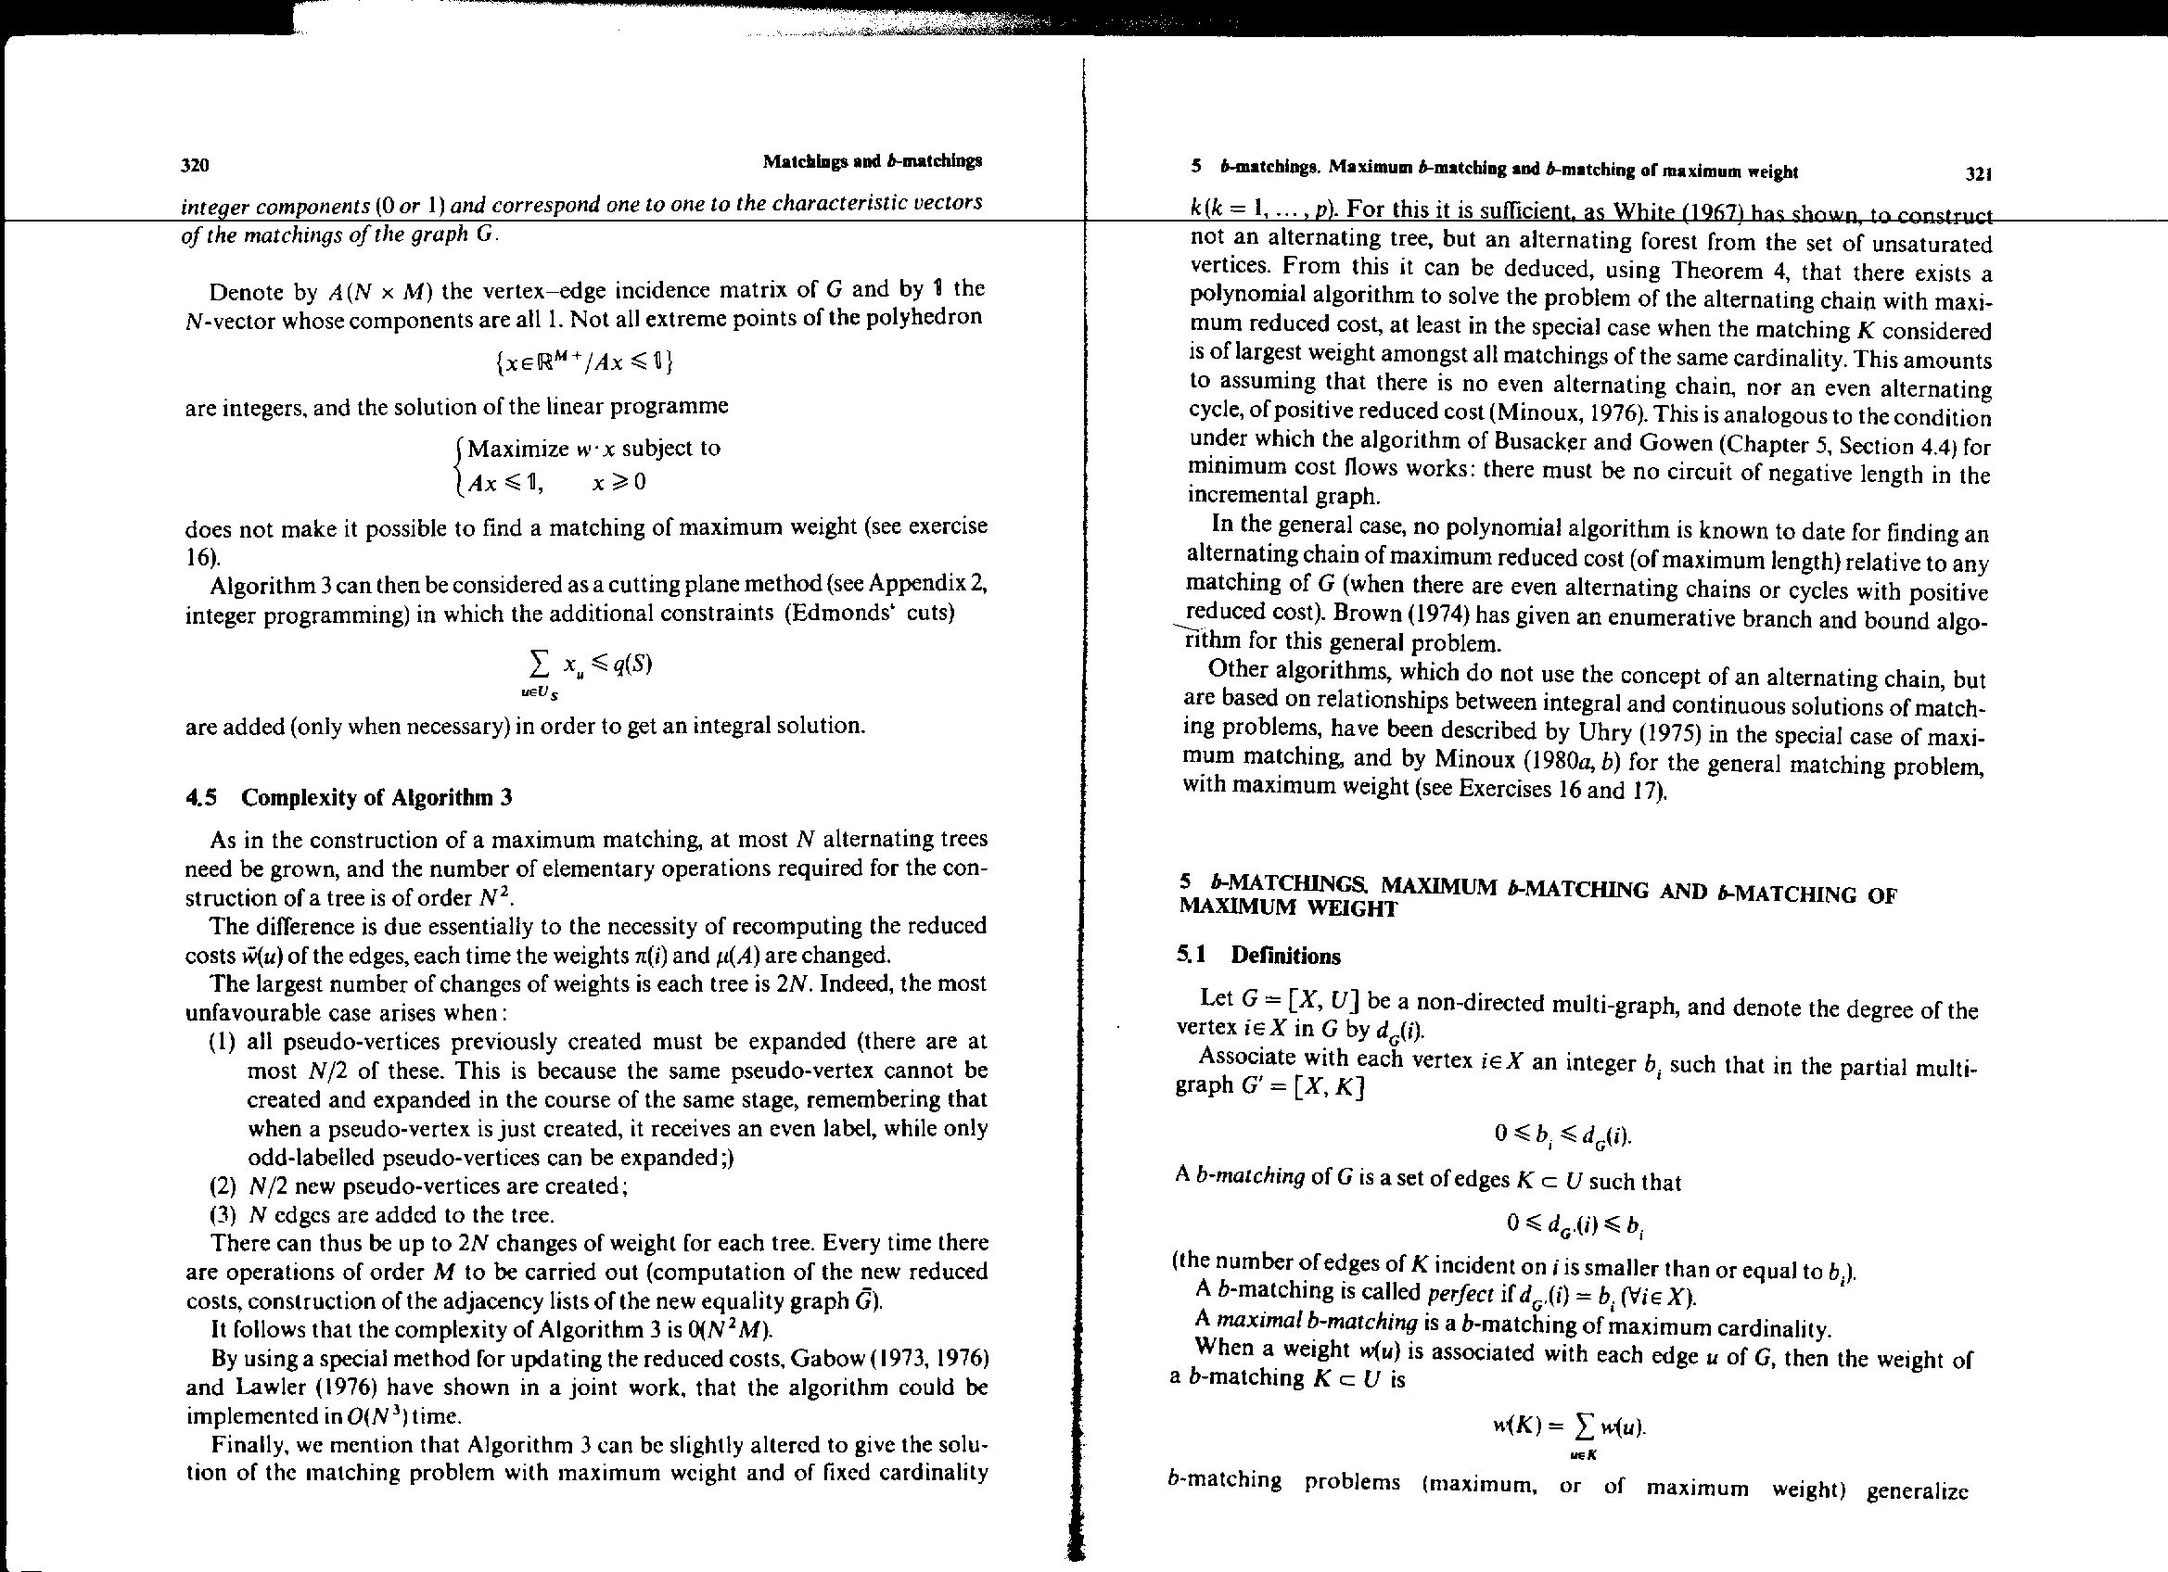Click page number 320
(195, 165)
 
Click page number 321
(1978, 174)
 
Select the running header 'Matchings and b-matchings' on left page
(872, 161)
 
